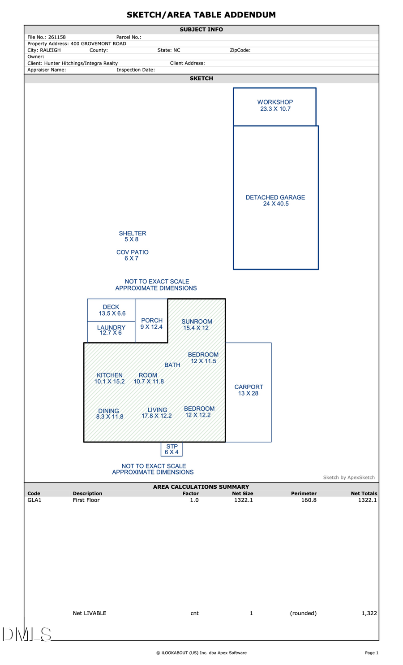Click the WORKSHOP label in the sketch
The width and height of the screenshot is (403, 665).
click(275, 102)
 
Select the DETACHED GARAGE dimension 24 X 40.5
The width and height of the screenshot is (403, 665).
click(276, 204)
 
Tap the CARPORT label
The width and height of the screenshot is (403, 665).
click(249, 387)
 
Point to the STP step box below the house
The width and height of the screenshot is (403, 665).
click(171, 449)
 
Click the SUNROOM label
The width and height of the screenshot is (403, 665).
click(197, 322)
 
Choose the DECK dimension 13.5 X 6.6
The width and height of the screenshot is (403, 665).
click(112, 313)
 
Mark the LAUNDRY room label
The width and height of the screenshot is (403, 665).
click(111, 327)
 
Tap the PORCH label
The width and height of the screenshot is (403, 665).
click(152, 320)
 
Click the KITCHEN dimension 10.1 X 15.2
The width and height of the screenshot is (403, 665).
click(109, 382)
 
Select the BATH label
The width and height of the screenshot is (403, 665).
click(172, 365)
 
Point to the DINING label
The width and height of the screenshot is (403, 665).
click(108, 411)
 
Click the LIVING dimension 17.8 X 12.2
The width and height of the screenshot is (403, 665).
click(157, 416)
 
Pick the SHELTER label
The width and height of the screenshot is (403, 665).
click(133, 233)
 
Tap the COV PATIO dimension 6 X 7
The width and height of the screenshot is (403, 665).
click(131, 258)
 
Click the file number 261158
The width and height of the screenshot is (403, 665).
click(57, 37)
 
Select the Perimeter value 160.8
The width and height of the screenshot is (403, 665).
click(309, 500)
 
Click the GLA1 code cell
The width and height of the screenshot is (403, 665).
click(34, 500)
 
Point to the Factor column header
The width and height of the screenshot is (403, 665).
click(190, 493)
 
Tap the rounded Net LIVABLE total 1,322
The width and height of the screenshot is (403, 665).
click(369, 613)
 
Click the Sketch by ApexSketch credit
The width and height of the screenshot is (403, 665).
click(349, 478)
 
